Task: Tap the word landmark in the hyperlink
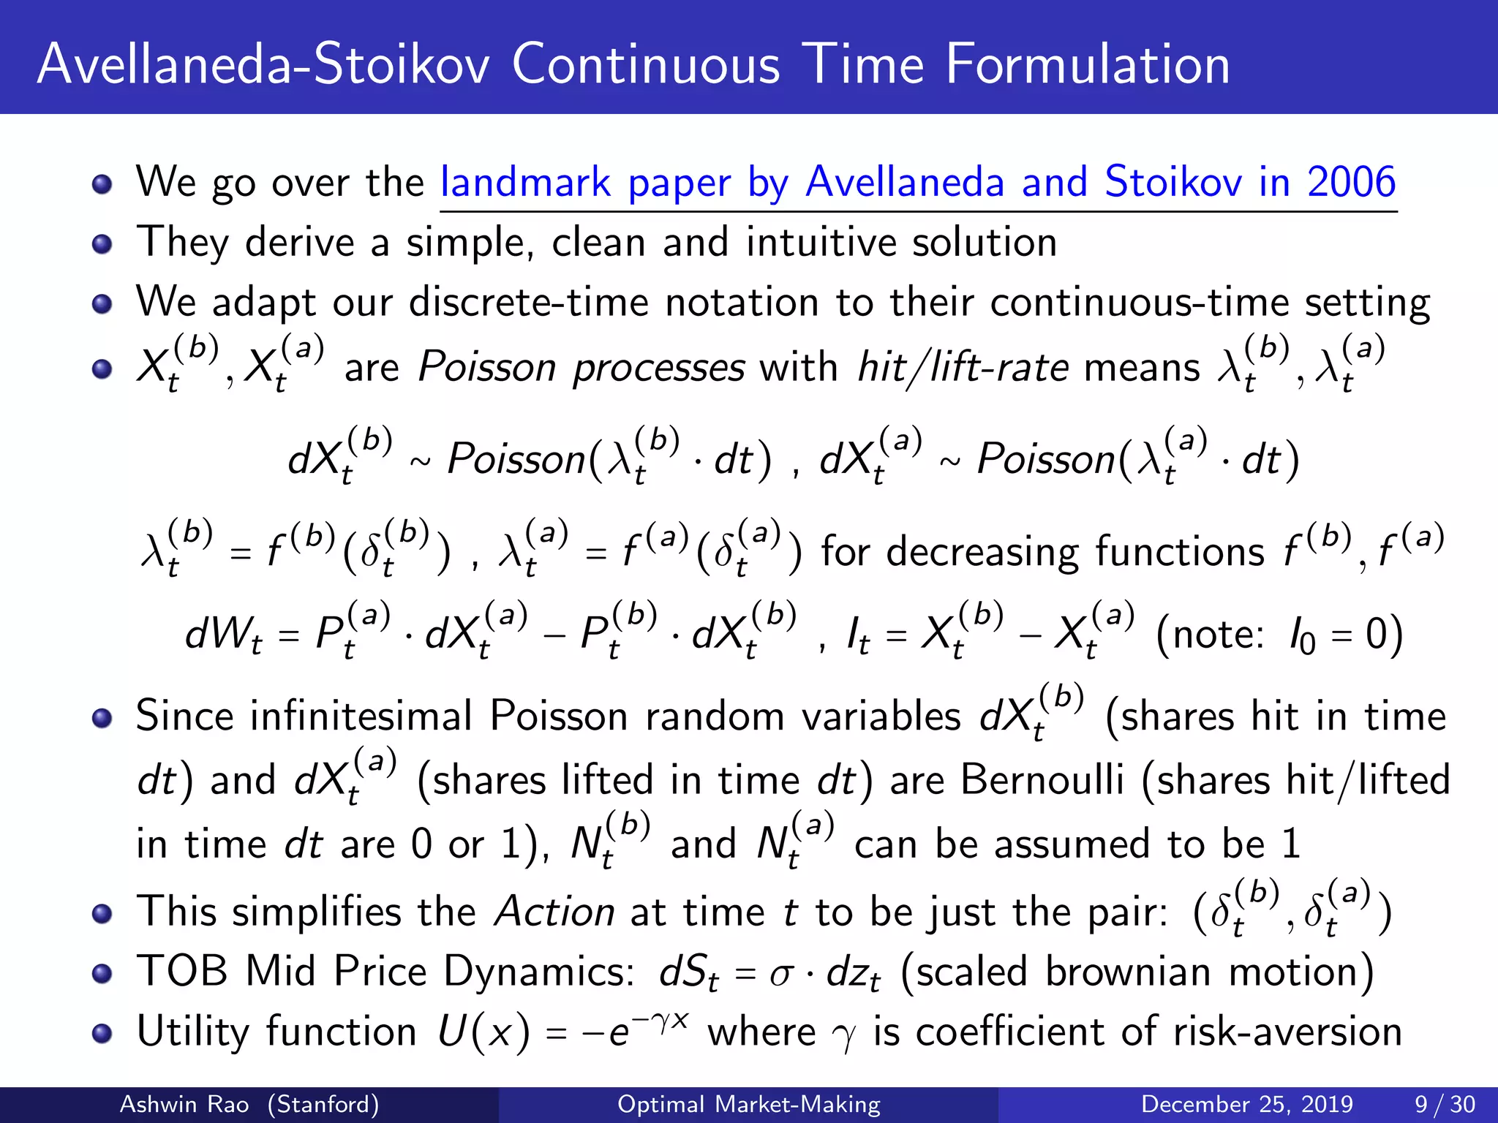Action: point(525,182)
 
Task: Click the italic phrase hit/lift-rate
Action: point(963,366)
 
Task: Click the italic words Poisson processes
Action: point(581,366)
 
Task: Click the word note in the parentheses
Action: point(1217,634)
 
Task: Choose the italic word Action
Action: point(554,912)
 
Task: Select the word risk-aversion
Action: point(1287,1032)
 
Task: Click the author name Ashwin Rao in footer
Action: point(184,1104)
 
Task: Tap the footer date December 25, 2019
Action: point(1246,1104)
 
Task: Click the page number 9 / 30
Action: point(1445,1104)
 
